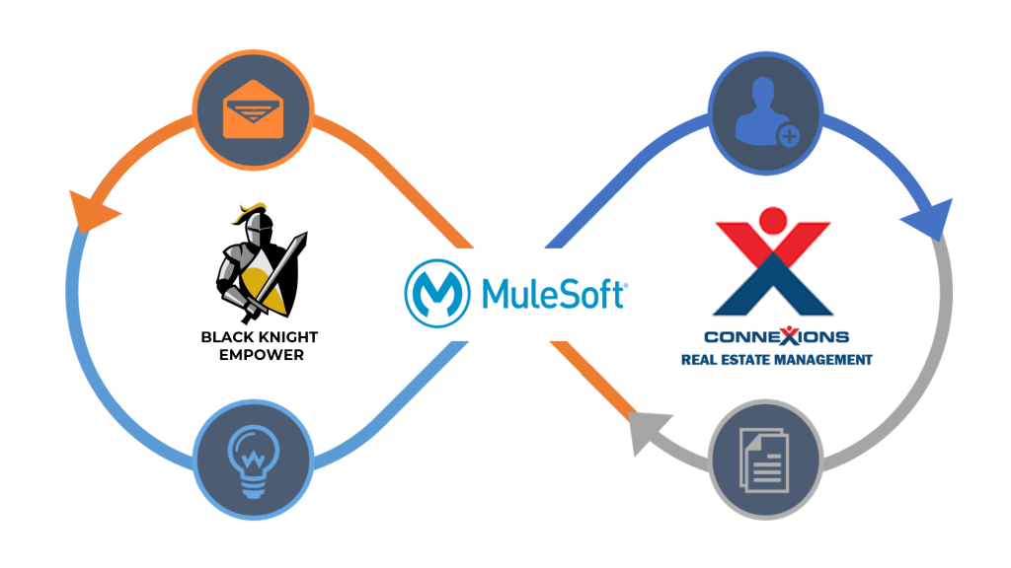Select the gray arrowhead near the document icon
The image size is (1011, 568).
(644, 430)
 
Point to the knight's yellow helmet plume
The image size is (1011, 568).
(248, 210)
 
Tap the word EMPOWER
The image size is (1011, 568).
(260, 355)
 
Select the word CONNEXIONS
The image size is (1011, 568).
(777, 337)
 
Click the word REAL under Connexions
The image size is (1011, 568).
(699, 360)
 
